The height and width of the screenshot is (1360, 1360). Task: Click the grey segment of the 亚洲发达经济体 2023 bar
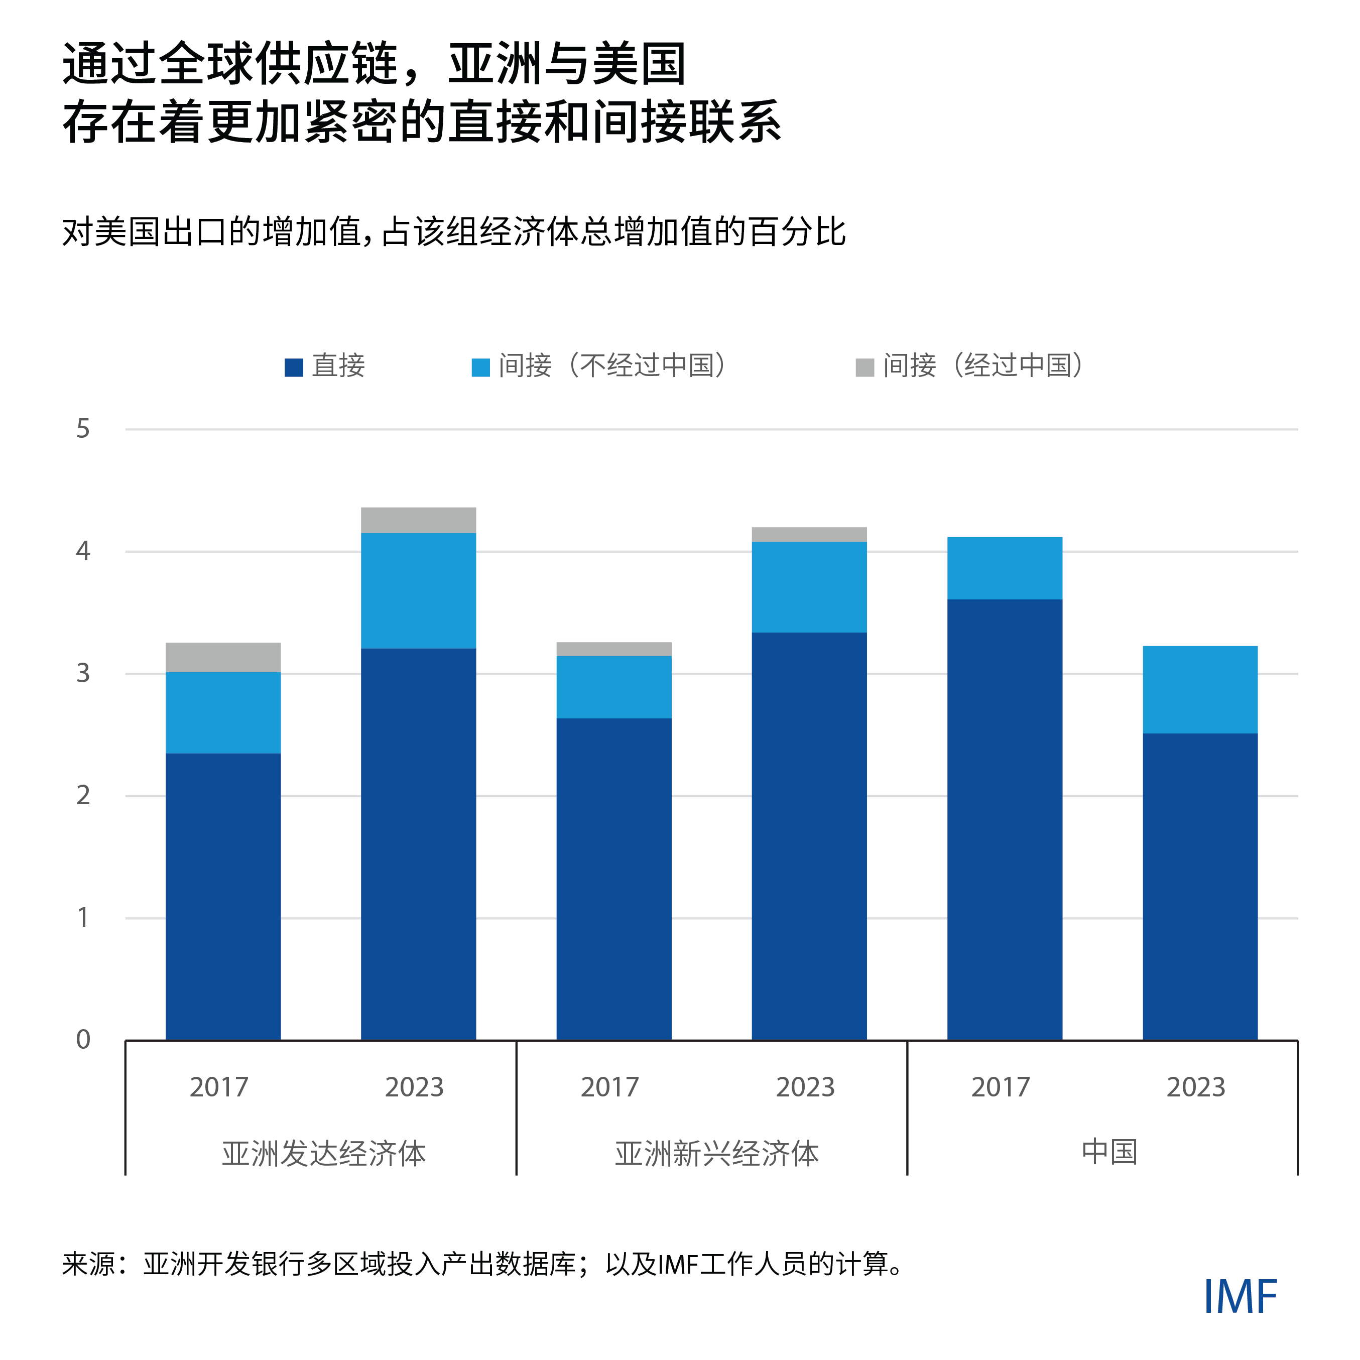pos(418,520)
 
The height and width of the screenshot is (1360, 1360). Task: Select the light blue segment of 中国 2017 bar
pos(1005,568)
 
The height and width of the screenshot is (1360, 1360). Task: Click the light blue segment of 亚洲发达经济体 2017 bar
pos(223,712)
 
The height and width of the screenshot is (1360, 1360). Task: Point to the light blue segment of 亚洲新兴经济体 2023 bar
pos(809,587)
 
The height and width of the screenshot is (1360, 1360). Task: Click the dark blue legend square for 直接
pos(294,367)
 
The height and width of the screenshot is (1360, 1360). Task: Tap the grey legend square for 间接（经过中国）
pos(864,367)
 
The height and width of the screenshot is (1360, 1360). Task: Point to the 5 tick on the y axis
pos(83,429)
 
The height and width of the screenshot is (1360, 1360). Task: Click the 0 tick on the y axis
pos(83,1040)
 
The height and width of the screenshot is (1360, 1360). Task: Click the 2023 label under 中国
pos(1195,1087)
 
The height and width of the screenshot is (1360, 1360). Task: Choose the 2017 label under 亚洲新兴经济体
pos(609,1087)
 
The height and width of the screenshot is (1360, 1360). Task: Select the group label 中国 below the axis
pos(1109,1152)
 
